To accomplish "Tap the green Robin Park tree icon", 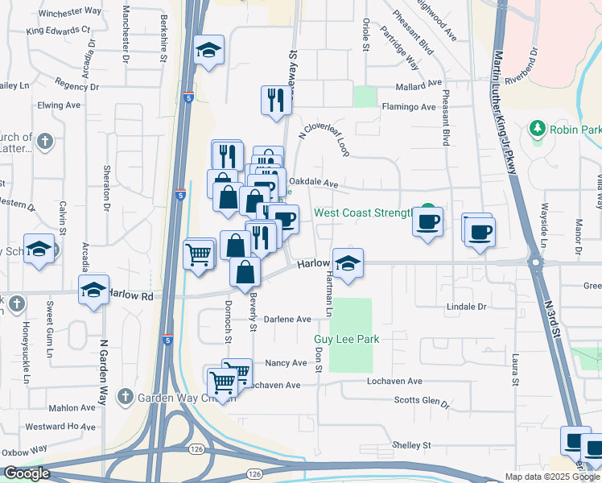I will coord(536,129).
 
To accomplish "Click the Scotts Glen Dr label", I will coord(421,401).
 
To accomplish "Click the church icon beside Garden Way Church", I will coord(124,396).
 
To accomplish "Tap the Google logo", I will coord(27,473).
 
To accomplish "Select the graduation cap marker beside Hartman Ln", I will coord(348,263).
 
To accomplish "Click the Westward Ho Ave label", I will coord(60,427).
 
